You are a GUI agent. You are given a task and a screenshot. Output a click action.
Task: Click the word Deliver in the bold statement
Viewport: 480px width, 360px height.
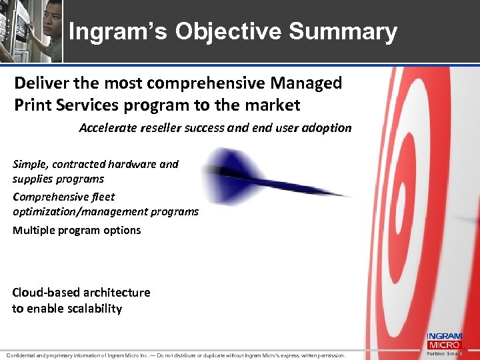click(x=41, y=83)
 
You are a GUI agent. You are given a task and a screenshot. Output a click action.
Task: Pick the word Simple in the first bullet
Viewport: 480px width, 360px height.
click(x=29, y=164)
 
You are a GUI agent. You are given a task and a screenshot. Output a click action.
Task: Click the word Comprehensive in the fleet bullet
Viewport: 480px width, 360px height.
click(x=53, y=197)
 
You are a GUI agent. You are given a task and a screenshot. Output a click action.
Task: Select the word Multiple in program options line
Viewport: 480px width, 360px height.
click(x=33, y=230)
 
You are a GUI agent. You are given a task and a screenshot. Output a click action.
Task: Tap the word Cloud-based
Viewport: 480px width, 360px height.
click(x=46, y=292)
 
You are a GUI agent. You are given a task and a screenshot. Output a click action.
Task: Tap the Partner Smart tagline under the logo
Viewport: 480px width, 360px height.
click(x=443, y=354)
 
